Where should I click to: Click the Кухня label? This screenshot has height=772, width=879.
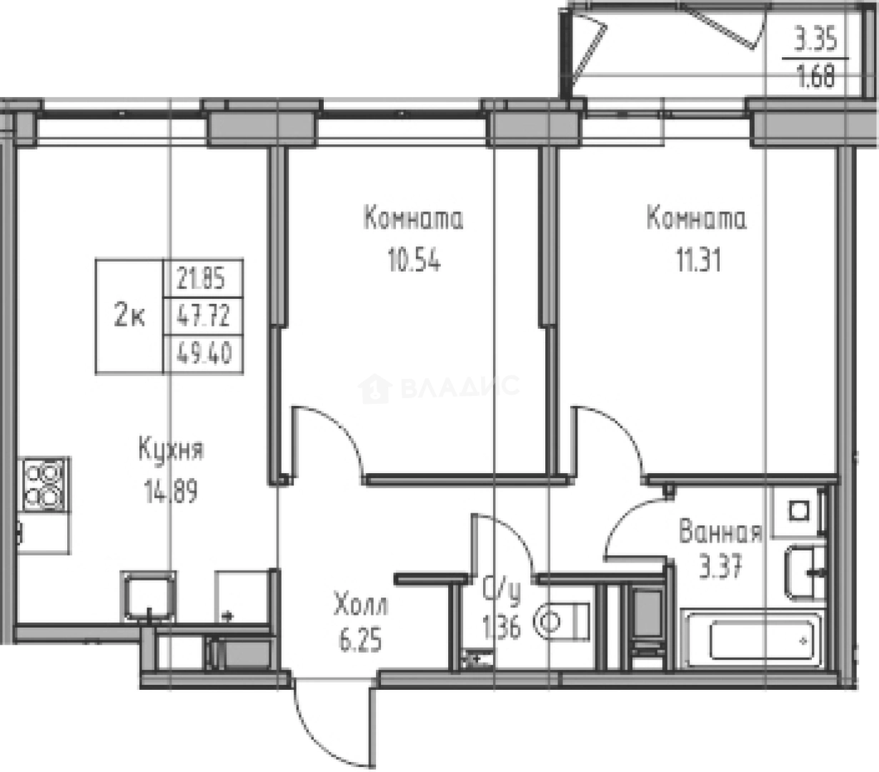click(x=171, y=451)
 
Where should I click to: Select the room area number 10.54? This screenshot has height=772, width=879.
click(x=414, y=261)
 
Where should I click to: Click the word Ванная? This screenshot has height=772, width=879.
click(x=720, y=533)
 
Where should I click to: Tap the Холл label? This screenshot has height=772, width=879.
click(x=361, y=606)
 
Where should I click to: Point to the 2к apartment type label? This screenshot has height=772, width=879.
click(x=130, y=316)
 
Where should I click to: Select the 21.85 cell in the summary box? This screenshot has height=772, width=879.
click(x=204, y=277)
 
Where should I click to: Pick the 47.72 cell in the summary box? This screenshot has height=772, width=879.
click(x=204, y=315)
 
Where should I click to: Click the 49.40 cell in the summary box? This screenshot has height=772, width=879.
click(x=204, y=353)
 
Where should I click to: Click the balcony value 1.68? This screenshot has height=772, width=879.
click(x=815, y=75)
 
